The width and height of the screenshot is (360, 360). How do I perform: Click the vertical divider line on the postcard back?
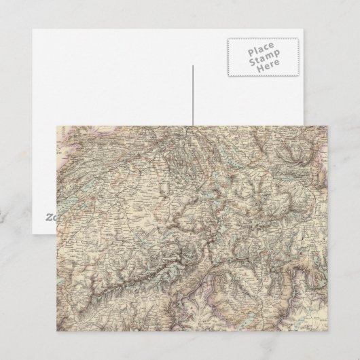click(193, 95)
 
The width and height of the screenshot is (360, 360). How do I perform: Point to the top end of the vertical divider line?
click(193, 66)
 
